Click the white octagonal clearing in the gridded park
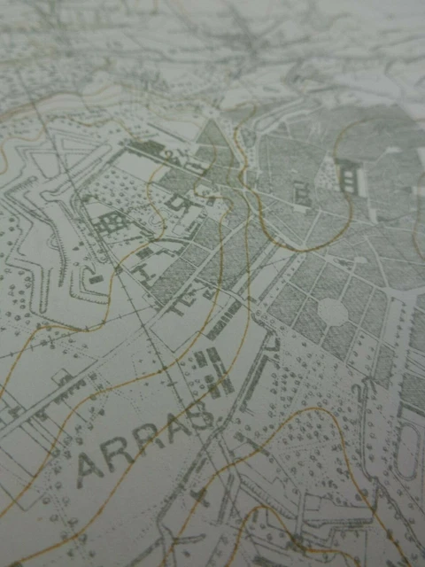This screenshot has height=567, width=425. [332, 310]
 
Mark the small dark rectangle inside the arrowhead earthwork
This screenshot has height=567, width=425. [95, 279]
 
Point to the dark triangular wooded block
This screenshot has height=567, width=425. [213, 138]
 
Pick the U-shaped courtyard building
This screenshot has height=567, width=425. [182, 205]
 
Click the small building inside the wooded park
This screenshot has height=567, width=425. [302, 190]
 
